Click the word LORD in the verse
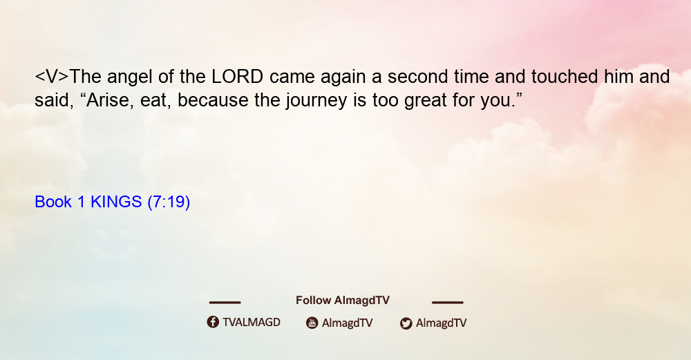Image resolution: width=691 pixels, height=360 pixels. point(238,77)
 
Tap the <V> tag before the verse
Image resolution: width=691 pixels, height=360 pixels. point(52,77)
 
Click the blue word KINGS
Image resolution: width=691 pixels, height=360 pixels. point(116,202)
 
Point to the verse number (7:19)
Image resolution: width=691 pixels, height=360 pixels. point(169,202)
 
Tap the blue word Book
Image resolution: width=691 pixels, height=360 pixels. point(53,202)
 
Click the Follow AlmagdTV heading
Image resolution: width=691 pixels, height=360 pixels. point(343,301)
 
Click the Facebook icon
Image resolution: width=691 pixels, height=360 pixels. point(213,322)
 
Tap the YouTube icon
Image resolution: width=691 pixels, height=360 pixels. point(312,323)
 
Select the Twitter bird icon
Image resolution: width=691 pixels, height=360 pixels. point(406,323)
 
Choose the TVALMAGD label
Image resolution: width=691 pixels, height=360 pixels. point(252,322)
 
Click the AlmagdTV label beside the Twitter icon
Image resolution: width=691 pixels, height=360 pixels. point(441,323)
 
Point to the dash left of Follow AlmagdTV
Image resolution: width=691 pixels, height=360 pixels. point(225,302)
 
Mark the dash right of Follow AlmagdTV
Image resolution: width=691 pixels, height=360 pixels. point(448,302)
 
